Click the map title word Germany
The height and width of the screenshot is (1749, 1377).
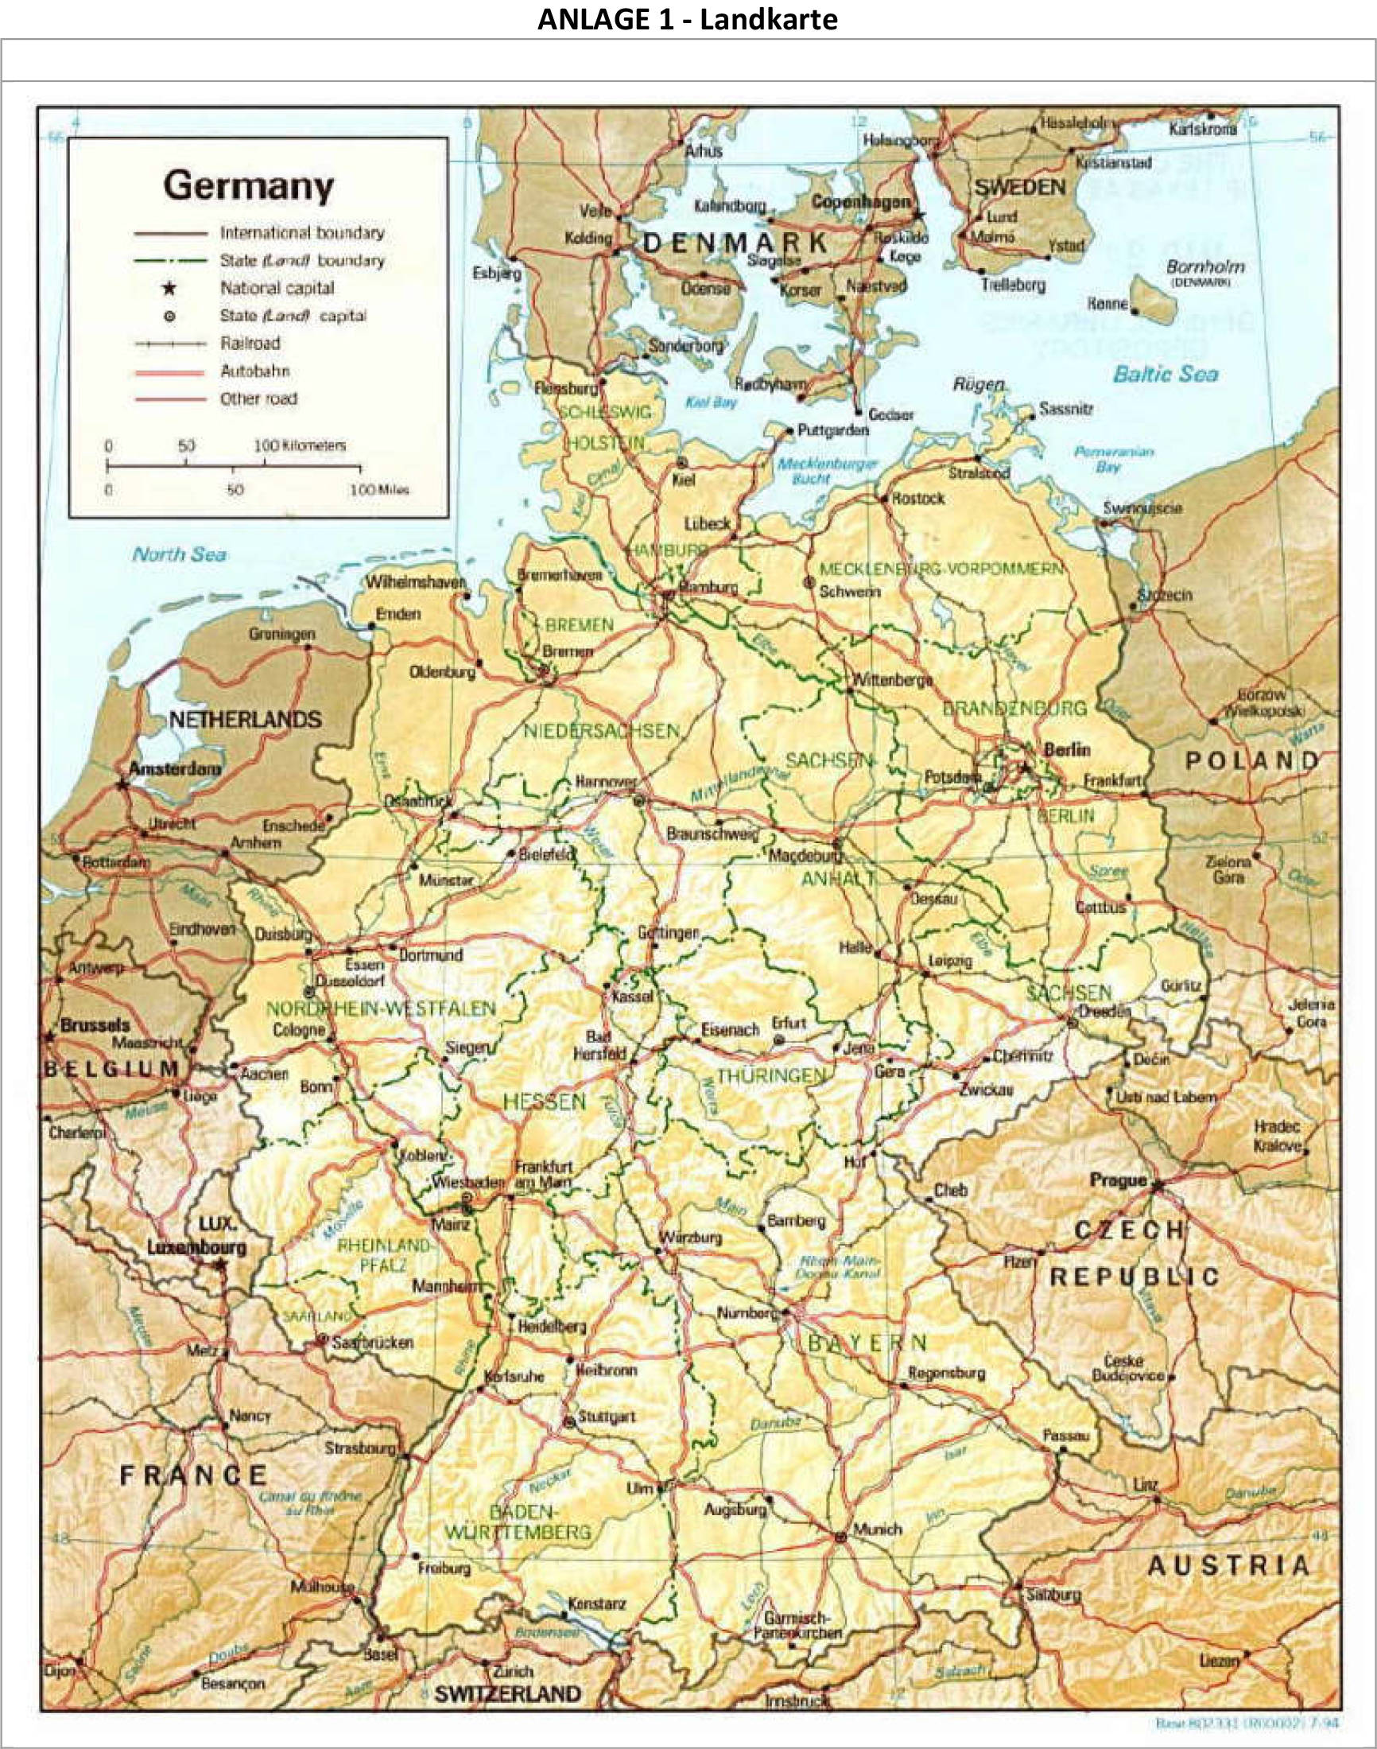tap(248, 187)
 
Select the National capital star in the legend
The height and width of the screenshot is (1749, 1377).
tap(169, 288)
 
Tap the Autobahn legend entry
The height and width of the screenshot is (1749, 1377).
tap(254, 371)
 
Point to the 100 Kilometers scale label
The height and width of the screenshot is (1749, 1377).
tap(301, 445)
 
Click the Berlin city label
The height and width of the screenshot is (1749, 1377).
tap(1067, 750)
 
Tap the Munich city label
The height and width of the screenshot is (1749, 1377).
tap(878, 1529)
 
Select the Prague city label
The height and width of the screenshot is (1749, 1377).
tap(1117, 1180)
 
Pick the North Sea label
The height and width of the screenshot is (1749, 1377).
tap(179, 554)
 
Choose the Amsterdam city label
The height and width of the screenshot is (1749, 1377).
tap(174, 769)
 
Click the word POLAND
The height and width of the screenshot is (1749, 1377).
tap(1251, 760)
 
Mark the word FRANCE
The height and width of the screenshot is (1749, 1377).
tap(193, 1476)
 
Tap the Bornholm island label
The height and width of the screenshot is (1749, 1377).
tap(1204, 266)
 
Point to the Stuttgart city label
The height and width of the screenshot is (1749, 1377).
tap(607, 1417)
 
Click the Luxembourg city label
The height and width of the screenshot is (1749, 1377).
tap(196, 1247)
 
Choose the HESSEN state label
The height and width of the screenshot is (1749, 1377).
tap(544, 1102)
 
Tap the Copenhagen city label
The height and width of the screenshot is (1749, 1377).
tap(860, 201)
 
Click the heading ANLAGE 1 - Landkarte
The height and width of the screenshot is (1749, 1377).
tap(688, 19)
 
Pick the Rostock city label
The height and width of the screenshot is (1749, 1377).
tap(918, 499)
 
